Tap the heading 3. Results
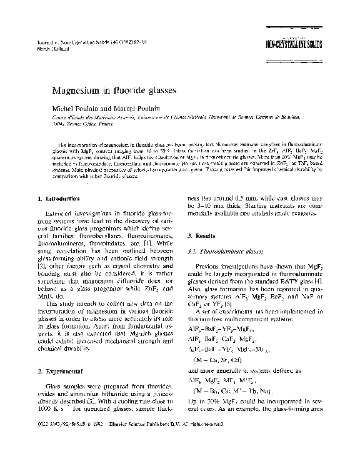coord(202,237)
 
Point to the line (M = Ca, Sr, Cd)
coord(224,360)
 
